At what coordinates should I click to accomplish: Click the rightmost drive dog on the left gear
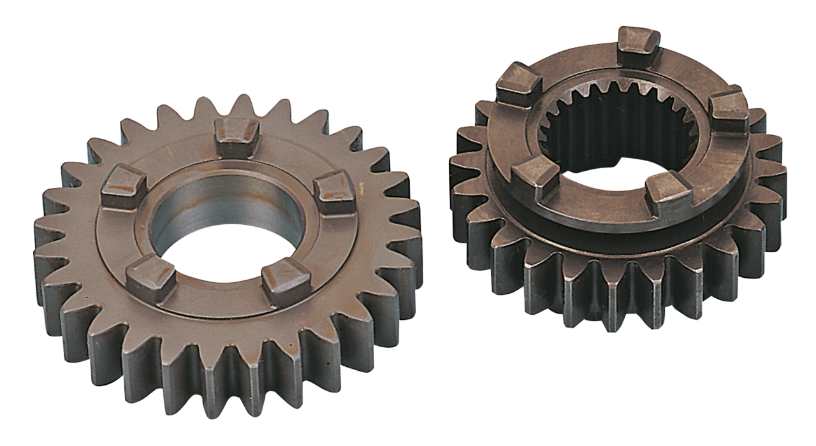335,191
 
